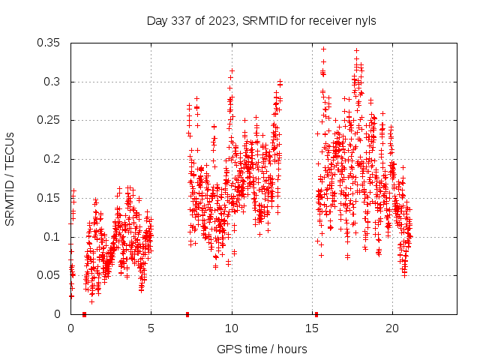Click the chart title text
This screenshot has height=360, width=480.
[261, 20]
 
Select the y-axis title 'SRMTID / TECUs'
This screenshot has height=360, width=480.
[10, 178]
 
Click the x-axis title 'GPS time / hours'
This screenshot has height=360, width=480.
[262, 349]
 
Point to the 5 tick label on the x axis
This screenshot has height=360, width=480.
[151, 328]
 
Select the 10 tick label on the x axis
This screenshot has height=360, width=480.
[232, 328]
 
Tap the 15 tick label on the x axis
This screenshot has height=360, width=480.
[312, 328]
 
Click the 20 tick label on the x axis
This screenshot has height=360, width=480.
[392, 328]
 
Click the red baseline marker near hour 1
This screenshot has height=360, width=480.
[84, 314]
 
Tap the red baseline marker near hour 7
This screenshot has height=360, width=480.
[187, 314]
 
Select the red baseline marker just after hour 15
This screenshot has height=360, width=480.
[316, 314]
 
